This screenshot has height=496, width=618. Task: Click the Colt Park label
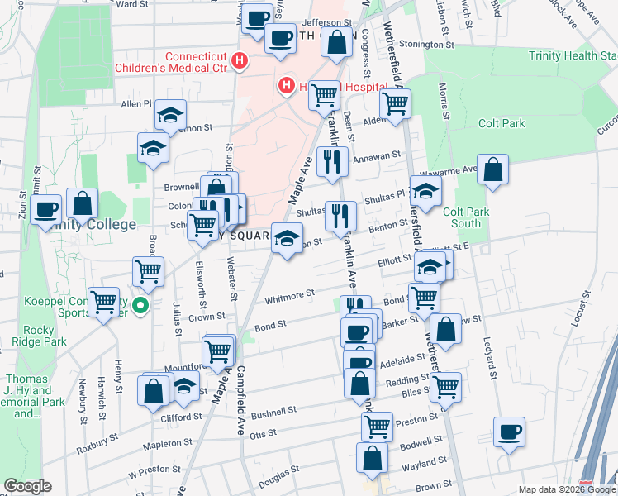[502, 123]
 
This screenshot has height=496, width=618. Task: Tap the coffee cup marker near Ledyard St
[509, 432]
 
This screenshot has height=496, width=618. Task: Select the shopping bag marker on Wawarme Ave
[492, 169]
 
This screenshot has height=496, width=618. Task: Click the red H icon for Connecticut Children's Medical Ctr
[240, 60]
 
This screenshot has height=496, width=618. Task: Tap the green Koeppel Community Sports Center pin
[140, 306]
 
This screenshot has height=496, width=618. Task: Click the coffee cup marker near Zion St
[45, 209]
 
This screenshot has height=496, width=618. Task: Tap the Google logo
[27, 486]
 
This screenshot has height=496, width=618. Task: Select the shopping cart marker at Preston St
[377, 426]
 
